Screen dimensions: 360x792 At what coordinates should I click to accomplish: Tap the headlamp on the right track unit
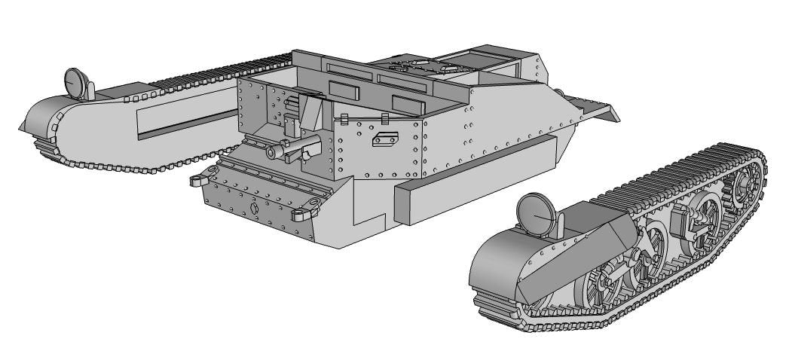click(537, 211)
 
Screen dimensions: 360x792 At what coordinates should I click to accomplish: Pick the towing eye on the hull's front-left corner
click(199, 180)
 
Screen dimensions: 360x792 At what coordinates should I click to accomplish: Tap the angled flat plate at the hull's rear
click(596, 106)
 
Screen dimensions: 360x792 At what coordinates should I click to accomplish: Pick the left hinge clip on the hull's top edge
click(343, 120)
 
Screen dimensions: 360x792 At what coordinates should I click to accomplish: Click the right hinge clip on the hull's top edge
click(384, 117)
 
